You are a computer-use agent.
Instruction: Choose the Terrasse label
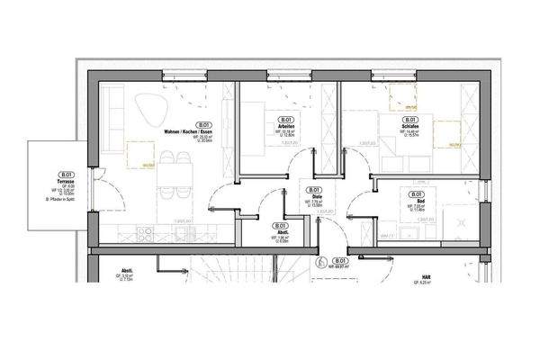point(65,182)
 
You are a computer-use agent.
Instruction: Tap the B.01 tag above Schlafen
point(410,120)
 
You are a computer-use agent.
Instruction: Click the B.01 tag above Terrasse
point(65,175)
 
